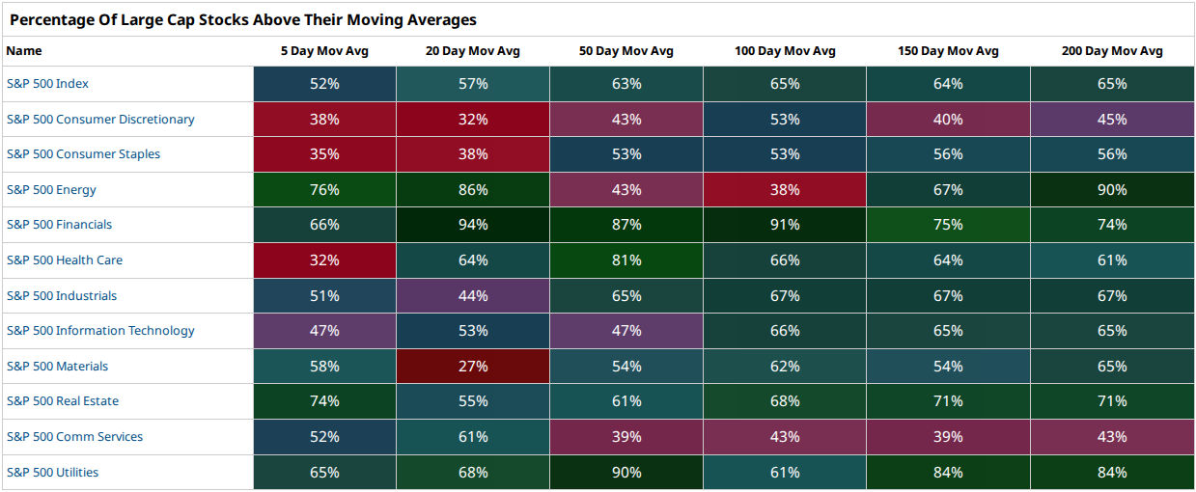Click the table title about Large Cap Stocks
pyautogui.click(x=243, y=19)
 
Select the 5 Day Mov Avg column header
pyautogui.click(x=324, y=51)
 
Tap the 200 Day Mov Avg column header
pyautogui.click(x=1112, y=51)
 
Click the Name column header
pyautogui.click(x=24, y=51)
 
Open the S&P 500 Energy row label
pyautogui.click(x=51, y=189)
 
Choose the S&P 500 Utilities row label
pyautogui.click(x=52, y=473)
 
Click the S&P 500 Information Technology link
pyautogui.click(x=100, y=331)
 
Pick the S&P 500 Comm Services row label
pyautogui.click(x=74, y=436)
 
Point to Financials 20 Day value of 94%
pyautogui.click(x=473, y=225)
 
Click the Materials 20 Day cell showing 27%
pyautogui.click(x=473, y=366)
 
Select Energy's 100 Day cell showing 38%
pyautogui.click(x=785, y=189)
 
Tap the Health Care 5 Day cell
pyautogui.click(x=324, y=260)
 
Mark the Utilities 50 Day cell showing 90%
pyautogui.click(x=626, y=473)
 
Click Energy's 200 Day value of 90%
pyautogui.click(x=1112, y=189)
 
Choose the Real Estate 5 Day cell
pyautogui.click(x=324, y=401)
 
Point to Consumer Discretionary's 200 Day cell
pyautogui.click(x=1112, y=119)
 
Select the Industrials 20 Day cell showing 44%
pyautogui.click(x=473, y=295)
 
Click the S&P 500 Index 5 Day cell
pyautogui.click(x=324, y=84)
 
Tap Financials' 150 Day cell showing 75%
pyautogui.click(x=948, y=225)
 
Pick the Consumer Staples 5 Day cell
pyautogui.click(x=324, y=154)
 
